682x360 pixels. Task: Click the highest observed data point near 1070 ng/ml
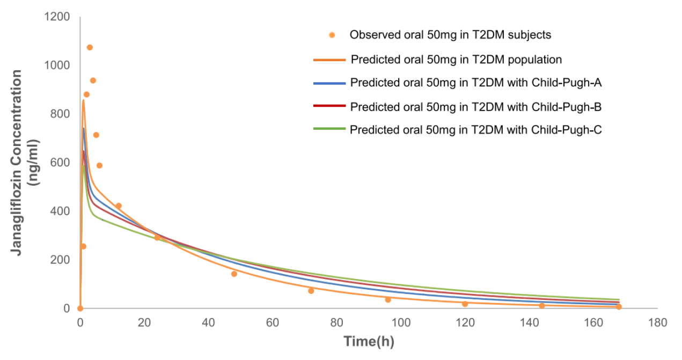[x=90, y=47]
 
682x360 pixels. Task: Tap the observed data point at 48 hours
[x=234, y=274]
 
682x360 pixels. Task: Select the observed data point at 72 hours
[x=311, y=291]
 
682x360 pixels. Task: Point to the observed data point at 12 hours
[x=119, y=205]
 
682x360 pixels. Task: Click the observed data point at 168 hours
[x=619, y=307]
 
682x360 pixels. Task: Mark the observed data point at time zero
[x=80, y=308]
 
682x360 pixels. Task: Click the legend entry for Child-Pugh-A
[x=475, y=83]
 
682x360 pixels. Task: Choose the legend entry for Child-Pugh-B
[x=475, y=107]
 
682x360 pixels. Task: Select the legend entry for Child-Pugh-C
[x=475, y=129]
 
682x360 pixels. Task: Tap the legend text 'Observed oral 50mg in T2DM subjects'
[x=450, y=35]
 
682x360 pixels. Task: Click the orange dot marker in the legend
[x=332, y=35]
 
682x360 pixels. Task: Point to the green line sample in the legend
[x=329, y=129]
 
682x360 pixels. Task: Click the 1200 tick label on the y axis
[x=57, y=17]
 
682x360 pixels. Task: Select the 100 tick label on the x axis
[x=401, y=323]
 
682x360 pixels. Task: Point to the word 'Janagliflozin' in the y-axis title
[x=17, y=209]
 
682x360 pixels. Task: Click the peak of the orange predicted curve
[x=83, y=100]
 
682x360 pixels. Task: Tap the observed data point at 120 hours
[x=465, y=304]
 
